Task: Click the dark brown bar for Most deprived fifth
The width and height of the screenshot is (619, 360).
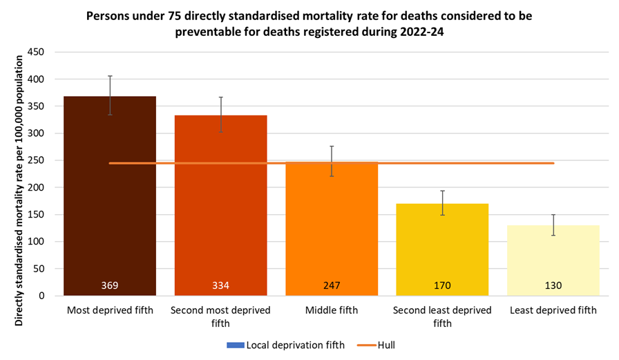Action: click(x=110, y=207)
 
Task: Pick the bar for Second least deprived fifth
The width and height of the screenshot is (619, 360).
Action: click(x=442, y=249)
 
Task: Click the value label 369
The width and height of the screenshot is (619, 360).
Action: click(x=110, y=285)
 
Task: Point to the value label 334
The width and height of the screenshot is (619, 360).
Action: click(x=220, y=285)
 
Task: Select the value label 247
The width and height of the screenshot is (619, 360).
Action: click(x=332, y=285)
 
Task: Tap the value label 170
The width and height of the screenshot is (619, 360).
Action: click(x=442, y=285)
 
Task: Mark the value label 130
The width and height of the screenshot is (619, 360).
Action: click(x=553, y=285)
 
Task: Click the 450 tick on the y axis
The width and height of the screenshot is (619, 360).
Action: click(x=36, y=53)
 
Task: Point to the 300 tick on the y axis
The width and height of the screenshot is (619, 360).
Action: click(x=36, y=133)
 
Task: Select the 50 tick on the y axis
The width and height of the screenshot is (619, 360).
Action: click(x=39, y=269)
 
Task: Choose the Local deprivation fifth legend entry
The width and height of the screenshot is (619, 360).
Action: click(x=290, y=344)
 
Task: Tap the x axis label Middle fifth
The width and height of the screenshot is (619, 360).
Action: click(x=332, y=310)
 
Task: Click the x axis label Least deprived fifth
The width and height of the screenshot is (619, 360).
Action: click(x=553, y=310)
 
